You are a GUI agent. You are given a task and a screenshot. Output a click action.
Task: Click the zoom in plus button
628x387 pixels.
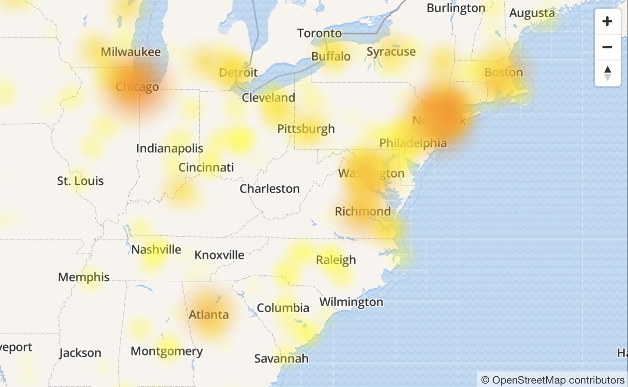607,21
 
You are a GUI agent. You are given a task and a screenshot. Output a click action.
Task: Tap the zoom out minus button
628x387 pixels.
607,47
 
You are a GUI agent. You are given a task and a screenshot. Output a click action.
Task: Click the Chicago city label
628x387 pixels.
137,87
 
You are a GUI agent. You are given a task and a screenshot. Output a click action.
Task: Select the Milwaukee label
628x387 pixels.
131,52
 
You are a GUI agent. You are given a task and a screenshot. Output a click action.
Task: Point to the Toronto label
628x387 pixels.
320,33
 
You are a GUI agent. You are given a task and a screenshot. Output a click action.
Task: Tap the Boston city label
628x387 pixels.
503,72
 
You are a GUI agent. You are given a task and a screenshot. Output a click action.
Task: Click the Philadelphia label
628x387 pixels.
413,143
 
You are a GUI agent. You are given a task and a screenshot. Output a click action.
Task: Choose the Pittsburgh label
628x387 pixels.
306,129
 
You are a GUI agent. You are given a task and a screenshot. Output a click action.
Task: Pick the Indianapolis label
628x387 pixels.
170,149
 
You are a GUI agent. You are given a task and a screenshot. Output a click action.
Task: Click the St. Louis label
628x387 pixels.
80,181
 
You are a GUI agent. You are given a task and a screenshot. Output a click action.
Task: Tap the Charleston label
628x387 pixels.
270,189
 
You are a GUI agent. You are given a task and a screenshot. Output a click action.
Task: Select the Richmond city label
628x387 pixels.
363,211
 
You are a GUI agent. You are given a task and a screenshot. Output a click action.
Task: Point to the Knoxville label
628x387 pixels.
219,255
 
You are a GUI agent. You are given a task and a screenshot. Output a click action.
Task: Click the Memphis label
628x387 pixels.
84,277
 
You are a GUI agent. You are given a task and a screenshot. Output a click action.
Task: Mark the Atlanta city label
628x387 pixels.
209,314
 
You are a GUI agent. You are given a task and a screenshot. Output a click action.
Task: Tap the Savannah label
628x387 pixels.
281,358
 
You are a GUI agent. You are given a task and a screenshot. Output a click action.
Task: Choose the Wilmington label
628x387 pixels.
351,302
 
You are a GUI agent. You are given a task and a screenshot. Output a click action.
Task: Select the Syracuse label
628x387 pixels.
391,52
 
